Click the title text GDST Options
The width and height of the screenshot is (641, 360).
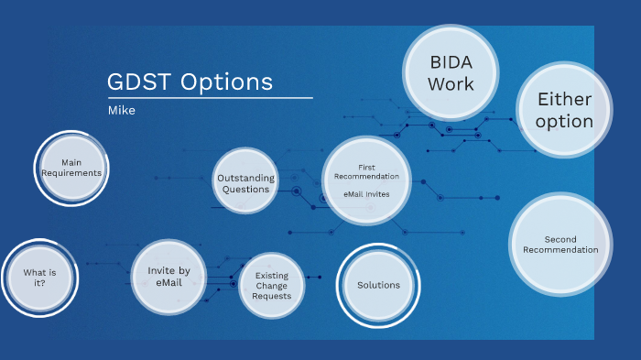190,82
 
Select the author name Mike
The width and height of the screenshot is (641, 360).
122,110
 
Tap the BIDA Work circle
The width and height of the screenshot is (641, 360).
451,72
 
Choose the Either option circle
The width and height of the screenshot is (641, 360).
564,110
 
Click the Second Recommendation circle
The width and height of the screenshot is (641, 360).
560,245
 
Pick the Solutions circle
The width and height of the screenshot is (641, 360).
378,285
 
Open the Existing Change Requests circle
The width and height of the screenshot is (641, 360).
272,286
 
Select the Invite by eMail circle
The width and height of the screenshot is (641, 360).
168,277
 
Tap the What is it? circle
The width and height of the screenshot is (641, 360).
39,278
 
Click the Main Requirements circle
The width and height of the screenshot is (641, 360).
72,167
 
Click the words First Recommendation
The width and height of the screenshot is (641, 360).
366,171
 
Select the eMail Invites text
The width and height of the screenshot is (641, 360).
366,194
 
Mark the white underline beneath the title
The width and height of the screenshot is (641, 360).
210,98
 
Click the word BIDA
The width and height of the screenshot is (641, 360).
451,62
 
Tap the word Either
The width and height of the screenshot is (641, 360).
564,99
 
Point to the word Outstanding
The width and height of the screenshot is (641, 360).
245,178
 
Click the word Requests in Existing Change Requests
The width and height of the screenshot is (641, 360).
272,296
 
